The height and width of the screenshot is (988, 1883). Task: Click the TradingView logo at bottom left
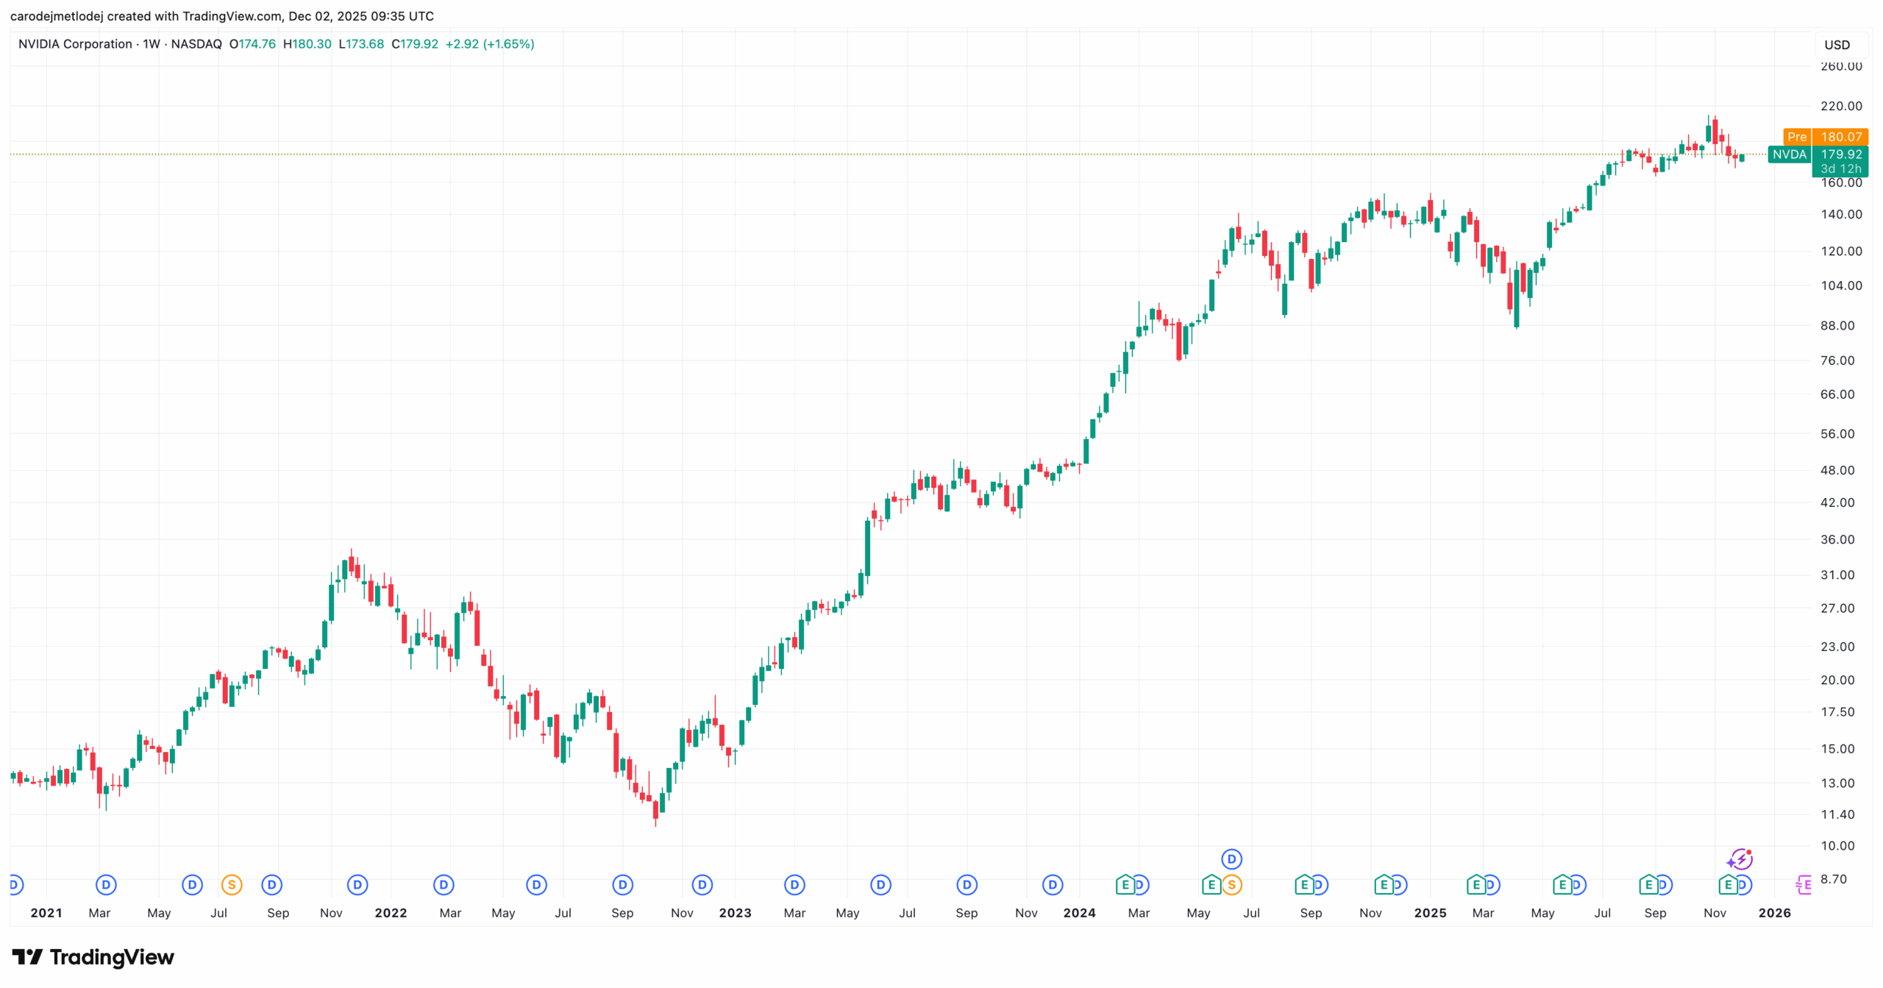(93, 957)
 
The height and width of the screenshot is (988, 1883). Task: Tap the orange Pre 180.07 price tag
(1826, 137)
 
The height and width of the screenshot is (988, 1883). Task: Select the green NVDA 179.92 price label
(1817, 154)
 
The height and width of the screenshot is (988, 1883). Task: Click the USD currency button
(1837, 45)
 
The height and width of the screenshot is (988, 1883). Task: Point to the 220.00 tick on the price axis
(1841, 106)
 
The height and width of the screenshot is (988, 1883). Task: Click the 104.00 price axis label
(1841, 285)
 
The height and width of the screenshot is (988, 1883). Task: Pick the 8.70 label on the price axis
(1833, 879)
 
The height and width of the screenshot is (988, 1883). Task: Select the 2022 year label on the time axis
(391, 913)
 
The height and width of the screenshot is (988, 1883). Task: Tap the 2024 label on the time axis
(1079, 913)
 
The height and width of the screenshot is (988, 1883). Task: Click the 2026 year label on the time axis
(1774, 913)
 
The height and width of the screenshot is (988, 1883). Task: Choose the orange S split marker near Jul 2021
(232, 885)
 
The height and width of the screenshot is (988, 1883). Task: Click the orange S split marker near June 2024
(1232, 885)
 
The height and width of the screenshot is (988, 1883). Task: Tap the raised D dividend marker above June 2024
(1231, 859)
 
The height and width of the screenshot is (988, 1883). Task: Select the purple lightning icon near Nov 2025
(1740, 859)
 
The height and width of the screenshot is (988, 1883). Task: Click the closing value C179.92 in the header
(415, 44)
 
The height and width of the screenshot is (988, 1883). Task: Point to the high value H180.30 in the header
(307, 44)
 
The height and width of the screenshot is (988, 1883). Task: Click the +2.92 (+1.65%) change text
(490, 44)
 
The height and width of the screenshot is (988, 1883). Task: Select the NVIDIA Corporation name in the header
(75, 44)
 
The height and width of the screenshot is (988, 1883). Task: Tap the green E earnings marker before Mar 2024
(1125, 885)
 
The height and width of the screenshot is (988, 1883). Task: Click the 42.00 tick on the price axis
(1837, 502)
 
